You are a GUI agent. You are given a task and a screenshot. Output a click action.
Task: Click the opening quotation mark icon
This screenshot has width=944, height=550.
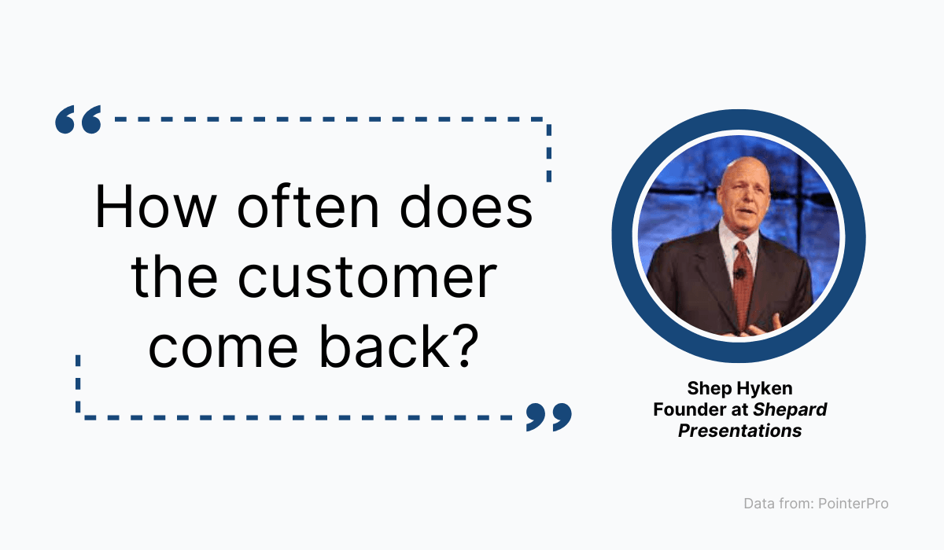point(79,119)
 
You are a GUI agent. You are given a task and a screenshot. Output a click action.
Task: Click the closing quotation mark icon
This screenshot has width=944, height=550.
point(549,417)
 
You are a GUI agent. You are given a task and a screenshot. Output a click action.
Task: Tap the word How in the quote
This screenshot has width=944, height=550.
point(156,207)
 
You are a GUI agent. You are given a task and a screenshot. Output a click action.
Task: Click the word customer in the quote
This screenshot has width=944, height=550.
point(367,277)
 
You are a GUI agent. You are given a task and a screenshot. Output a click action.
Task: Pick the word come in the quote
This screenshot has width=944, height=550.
point(223,348)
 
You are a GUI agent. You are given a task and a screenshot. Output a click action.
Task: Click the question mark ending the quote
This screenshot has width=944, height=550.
point(465,346)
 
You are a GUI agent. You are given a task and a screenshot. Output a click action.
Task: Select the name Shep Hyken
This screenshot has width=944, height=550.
point(739,388)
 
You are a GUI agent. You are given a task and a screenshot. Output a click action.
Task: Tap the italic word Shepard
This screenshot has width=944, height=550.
point(790,410)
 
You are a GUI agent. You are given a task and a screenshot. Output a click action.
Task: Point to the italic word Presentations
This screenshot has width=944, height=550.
point(739,431)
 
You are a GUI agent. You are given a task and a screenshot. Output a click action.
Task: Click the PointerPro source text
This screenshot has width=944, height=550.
point(853,504)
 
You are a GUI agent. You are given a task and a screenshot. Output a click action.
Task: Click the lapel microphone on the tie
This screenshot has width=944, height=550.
point(739,274)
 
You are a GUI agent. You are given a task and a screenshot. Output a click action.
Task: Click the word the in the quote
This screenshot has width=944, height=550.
point(174,276)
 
